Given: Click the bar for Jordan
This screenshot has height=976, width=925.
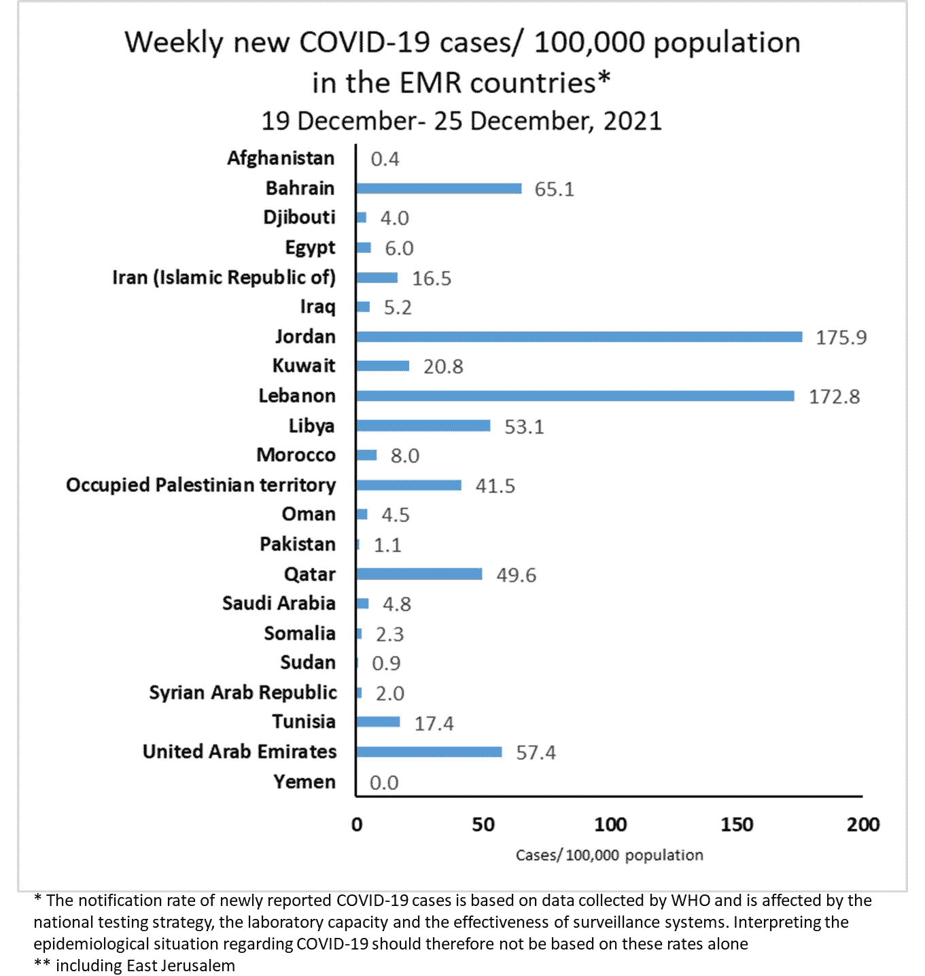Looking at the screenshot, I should pos(578,337).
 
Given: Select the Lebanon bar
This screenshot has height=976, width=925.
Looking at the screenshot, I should pos(575,396).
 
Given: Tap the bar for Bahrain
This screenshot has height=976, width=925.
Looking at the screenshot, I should pos(438,188).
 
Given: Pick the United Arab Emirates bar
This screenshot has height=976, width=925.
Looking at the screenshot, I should pos(429,752).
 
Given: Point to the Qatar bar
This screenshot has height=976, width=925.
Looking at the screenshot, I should pos(419,574).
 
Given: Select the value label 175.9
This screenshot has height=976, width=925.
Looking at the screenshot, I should pos(841,338).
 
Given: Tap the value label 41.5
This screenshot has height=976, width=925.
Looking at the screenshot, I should pos(495,486).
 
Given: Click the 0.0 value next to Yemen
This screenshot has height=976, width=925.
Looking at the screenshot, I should pos(384,783).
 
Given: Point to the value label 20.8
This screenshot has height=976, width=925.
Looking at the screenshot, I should pos(443,367).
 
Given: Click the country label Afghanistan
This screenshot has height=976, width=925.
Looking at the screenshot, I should pos(281,158).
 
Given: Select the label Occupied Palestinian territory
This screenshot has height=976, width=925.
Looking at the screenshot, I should pos(201,485).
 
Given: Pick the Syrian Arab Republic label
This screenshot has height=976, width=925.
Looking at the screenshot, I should pos(243,693).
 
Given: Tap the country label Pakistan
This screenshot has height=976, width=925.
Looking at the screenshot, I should pos(298,544).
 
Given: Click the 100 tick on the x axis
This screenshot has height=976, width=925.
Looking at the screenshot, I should pos(610,824).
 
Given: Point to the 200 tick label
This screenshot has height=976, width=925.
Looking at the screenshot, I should pos(863,824).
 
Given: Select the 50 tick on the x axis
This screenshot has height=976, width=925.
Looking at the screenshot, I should pos(483,824).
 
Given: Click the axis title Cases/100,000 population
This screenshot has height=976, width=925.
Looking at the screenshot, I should pos(609,855).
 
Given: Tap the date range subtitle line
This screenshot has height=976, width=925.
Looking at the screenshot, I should pos(461,121).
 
